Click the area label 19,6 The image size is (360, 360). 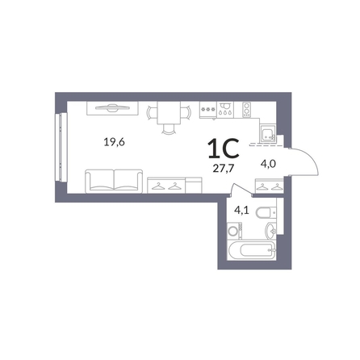(115, 142)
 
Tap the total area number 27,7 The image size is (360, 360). (224, 169)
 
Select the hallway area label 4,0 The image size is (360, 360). (269, 163)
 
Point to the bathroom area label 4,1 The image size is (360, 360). (241, 210)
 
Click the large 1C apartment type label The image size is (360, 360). (224, 148)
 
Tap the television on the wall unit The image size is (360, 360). (112, 107)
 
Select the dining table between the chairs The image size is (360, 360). (169, 112)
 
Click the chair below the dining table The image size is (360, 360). (169, 129)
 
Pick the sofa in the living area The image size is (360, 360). (114, 181)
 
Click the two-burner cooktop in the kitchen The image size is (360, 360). (247, 110)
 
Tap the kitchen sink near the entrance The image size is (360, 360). (268, 134)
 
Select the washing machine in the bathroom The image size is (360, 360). (235, 231)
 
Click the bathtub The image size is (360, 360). (252, 250)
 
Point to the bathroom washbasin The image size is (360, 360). (271, 231)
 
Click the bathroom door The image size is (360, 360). (241, 189)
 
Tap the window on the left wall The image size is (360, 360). (61, 147)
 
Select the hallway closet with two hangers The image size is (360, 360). (269, 186)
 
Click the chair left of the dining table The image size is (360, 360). (152, 112)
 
